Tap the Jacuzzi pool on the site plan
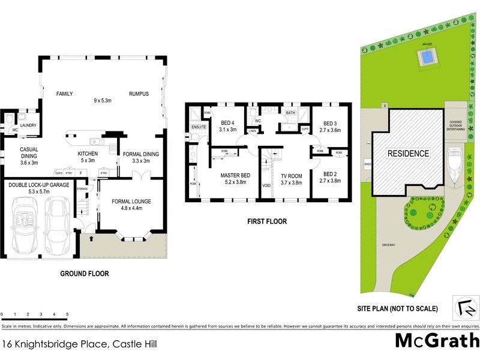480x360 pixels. tap(425, 58)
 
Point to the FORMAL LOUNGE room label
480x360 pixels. tap(131, 201)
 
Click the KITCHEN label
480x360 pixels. tap(87, 154)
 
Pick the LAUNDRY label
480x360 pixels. tap(30, 125)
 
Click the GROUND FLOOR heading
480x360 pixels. tap(85, 274)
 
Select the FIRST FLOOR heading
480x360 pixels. tap(267, 221)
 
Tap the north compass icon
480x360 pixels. tap(466, 307)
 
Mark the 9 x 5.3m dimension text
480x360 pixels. tap(105, 100)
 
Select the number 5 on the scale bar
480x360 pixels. tap(67, 314)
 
